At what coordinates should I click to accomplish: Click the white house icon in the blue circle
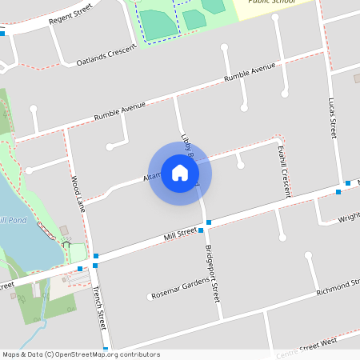coord(180,173)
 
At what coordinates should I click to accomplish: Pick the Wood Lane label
coord(78,193)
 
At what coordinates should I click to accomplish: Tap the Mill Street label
coord(180,233)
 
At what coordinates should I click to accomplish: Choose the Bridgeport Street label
coord(212,272)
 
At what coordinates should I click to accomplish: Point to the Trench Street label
coord(99,307)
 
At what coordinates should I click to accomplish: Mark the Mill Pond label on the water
coord(14,220)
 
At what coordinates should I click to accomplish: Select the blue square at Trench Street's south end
coord(106,349)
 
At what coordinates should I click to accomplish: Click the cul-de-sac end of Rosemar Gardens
coord(150,298)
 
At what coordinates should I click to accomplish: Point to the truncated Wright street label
coord(349,217)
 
